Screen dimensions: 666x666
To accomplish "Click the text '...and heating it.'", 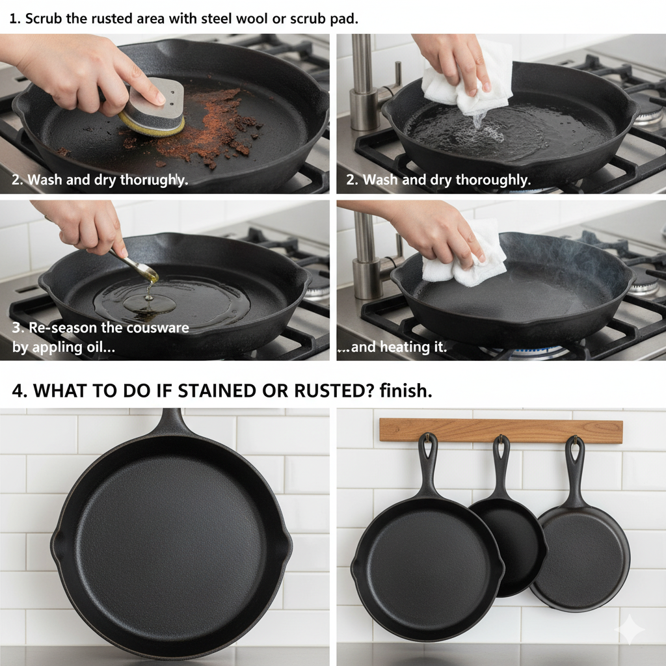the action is point(392,347).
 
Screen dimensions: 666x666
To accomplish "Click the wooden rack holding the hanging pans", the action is point(501,431).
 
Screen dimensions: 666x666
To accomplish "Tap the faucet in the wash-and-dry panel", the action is point(366,85).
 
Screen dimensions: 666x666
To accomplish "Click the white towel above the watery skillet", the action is point(467,79).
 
